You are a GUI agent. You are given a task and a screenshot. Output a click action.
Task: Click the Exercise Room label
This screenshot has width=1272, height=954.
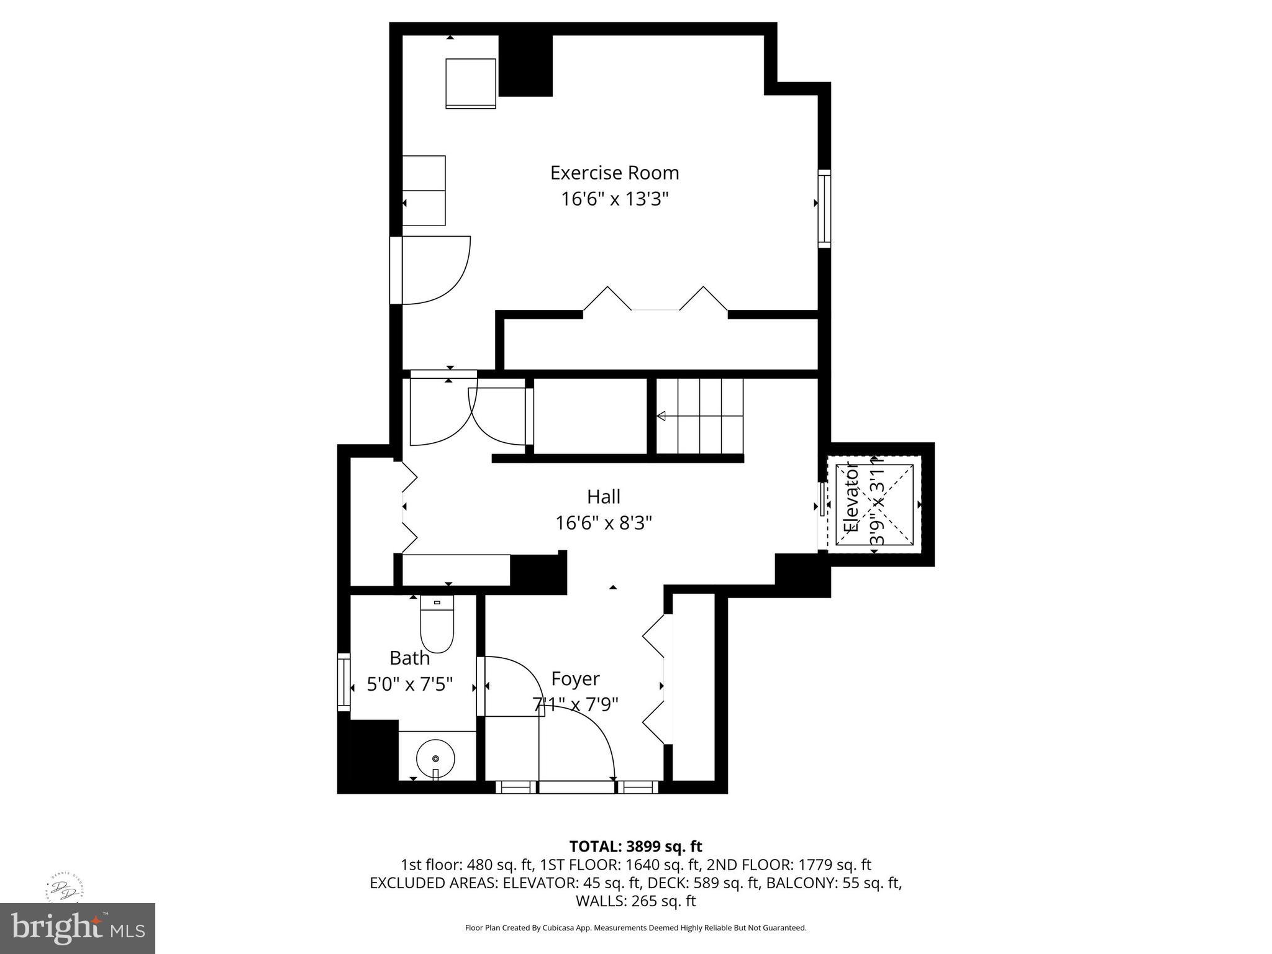(614, 173)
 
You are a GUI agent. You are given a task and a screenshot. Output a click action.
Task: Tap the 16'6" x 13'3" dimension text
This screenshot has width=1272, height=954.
(614, 199)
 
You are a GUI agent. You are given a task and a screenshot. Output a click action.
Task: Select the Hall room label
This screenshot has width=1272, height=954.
(604, 497)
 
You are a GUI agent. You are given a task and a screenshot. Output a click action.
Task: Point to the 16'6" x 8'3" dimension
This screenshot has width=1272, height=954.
(604, 524)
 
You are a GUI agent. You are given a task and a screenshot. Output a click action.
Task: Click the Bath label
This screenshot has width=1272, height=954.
(409, 658)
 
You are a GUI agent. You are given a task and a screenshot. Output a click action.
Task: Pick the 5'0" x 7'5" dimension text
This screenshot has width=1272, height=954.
(409, 684)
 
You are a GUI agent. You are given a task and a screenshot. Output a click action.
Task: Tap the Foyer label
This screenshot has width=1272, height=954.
(575, 679)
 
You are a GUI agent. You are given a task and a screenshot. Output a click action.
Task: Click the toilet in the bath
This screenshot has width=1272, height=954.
(437, 624)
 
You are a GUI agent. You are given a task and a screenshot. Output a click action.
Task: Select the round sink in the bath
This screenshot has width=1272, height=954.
(435, 759)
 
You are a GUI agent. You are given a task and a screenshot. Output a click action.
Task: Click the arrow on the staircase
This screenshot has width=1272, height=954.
(662, 416)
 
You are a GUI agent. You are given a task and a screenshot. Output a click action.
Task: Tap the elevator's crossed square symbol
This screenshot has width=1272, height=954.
(874, 504)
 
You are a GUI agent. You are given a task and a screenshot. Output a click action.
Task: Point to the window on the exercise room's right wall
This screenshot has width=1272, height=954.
(824, 208)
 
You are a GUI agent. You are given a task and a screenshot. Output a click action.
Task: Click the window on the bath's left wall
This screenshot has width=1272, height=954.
(343, 681)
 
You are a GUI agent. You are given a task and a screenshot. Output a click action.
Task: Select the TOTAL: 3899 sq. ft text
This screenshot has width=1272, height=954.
(635, 847)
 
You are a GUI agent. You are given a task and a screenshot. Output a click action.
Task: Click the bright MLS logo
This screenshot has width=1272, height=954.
(78, 928)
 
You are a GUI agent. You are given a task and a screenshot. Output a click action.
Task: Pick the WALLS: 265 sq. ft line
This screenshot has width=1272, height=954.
(635, 901)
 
